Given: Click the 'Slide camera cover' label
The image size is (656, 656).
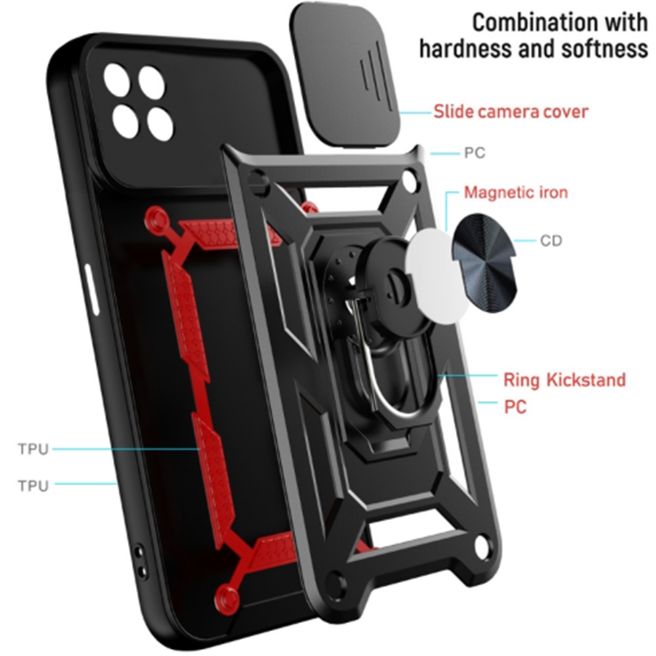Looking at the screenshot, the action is click(x=510, y=112).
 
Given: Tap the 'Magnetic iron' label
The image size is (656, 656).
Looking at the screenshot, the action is click(x=516, y=192).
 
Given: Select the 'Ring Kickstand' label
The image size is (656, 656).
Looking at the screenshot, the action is click(x=564, y=380).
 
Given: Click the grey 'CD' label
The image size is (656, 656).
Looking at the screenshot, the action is click(x=550, y=241).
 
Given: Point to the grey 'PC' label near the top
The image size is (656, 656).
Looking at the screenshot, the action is click(x=474, y=153).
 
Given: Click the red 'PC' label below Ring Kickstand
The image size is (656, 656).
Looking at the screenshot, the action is click(x=515, y=407).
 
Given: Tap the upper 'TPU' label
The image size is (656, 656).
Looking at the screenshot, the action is click(x=33, y=449).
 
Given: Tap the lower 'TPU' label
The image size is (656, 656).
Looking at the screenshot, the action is click(x=33, y=485).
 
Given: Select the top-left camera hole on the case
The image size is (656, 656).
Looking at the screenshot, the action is click(x=118, y=79).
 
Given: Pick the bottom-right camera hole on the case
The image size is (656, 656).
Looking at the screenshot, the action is click(x=160, y=123).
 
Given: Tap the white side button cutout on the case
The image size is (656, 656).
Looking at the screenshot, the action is click(x=92, y=289).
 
